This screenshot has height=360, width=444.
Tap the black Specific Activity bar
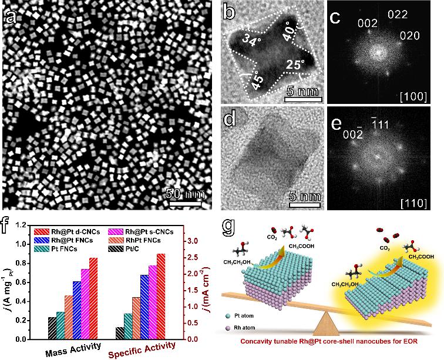point(120,333)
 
